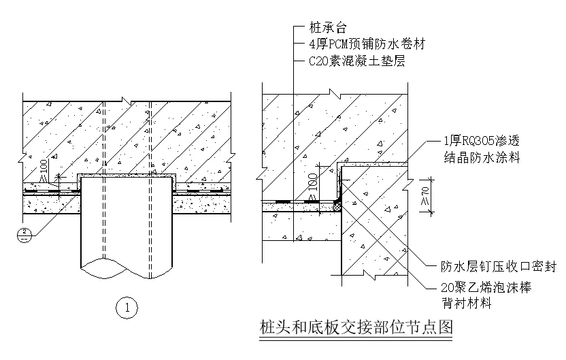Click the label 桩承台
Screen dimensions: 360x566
[328, 28]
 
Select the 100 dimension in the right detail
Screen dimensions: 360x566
[313, 184]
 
